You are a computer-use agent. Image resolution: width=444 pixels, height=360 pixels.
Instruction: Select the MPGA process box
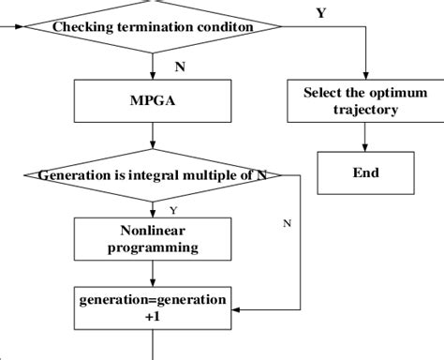point(152,100)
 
